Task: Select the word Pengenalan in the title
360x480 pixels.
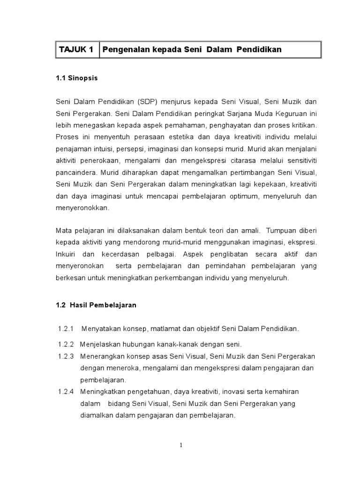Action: coord(123,50)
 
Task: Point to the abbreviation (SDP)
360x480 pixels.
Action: coord(149,102)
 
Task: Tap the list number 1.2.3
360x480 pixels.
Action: coord(66,356)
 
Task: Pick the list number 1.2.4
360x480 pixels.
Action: coord(66,392)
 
